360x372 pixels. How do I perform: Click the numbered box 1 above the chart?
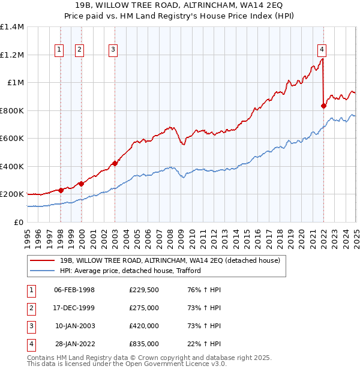point(60,50)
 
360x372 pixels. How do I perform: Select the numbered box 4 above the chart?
point(322,50)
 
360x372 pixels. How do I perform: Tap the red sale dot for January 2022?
point(323,106)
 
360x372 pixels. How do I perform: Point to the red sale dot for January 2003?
point(114,163)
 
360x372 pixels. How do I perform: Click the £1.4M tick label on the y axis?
point(12,27)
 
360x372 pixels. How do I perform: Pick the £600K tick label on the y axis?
point(12,139)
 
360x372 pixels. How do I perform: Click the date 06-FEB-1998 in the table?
point(74,290)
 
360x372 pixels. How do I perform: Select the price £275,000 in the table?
point(143,308)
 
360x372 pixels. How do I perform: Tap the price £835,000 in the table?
point(143,344)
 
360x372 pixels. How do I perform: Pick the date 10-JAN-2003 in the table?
point(74,326)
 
